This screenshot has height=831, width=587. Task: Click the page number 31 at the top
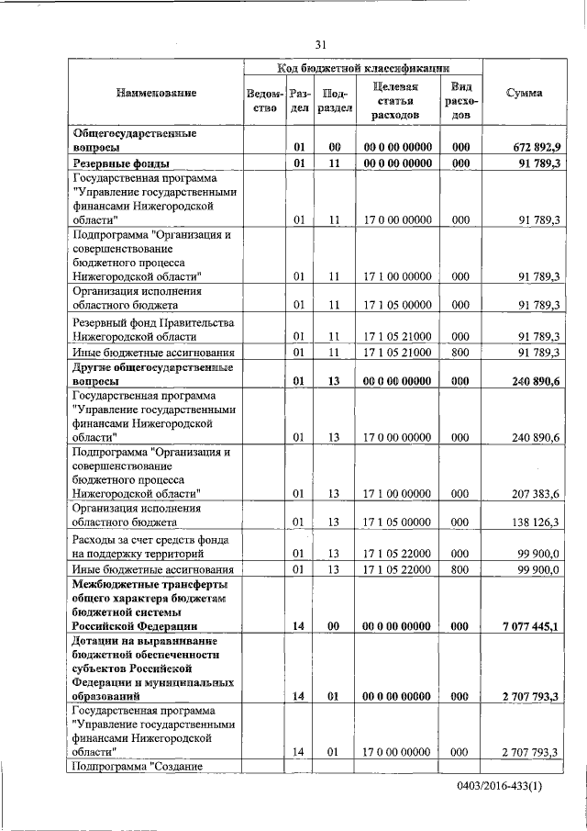tap(320, 45)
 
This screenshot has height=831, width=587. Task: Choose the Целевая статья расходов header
tap(396, 101)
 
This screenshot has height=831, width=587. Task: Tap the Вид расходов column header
tap(460, 101)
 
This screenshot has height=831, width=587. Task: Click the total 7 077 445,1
tap(531, 626)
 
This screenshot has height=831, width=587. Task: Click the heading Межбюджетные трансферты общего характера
tap(150, 604)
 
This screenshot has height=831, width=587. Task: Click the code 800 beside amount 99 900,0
tap(460, 569)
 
